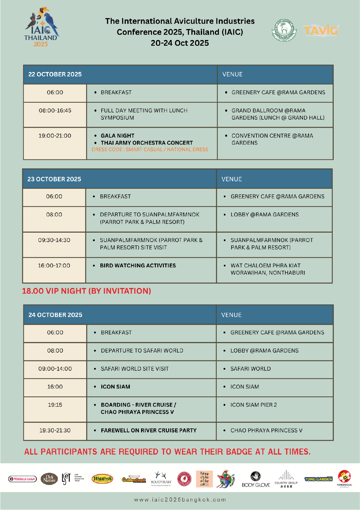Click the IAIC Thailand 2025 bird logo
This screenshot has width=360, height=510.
[x=41, y=28]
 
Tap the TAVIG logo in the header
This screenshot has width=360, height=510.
[x=321, y=30]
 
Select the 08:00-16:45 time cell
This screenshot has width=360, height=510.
[x=55, y=111]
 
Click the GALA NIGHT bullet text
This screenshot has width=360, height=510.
[x=117, y=136]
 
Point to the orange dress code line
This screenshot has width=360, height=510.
[x=150, y=150]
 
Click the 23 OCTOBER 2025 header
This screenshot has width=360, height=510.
[x=54, y=179]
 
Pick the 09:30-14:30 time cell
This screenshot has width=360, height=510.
[x=54, y=240]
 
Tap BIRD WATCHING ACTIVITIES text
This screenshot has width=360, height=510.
[x=138, y=265]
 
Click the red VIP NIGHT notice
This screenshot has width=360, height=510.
[x=86, y=291]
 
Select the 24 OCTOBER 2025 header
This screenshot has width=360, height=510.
[x=55, y=315]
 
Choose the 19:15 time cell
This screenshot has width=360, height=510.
[x=55, y=405]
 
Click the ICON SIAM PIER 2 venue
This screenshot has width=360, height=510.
[x=253, y=405]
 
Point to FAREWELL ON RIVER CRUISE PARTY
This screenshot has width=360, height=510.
[x=149, y=430]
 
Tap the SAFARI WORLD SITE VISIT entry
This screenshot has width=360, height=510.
[x=134, y=369]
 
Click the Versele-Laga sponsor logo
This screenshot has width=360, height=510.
[x=23, y=479]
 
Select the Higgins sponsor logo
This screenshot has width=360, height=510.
[x=102, y=479]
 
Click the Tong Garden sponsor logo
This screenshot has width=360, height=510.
[x=318, y=479]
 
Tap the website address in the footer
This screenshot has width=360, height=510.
[x=180, y=500]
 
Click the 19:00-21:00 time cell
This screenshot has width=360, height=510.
[x=55, y=136]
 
